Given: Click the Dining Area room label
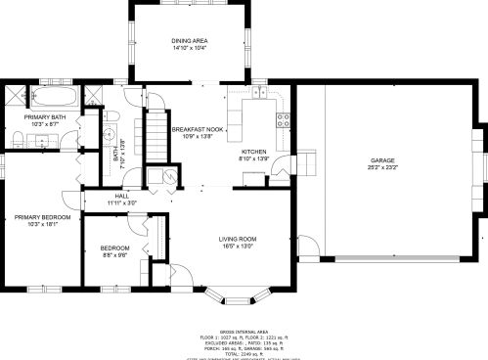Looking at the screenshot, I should click(190, 40).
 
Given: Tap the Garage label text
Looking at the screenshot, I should click(382, 159).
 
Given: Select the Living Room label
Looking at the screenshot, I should click(237, 239).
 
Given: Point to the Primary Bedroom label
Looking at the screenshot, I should click(42, 217).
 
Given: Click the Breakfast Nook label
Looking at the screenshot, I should click(198, 129).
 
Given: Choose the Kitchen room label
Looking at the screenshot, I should click(254, 152).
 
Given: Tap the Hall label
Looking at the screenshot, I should click(122, 196).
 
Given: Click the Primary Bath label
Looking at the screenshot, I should click(45, 117).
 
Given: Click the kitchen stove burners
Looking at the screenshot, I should click(284, 121).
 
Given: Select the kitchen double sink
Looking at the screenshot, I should click(259, 94).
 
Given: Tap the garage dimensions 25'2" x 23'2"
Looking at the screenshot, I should click(382, 166).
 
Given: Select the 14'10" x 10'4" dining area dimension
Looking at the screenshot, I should click(190, 47).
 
